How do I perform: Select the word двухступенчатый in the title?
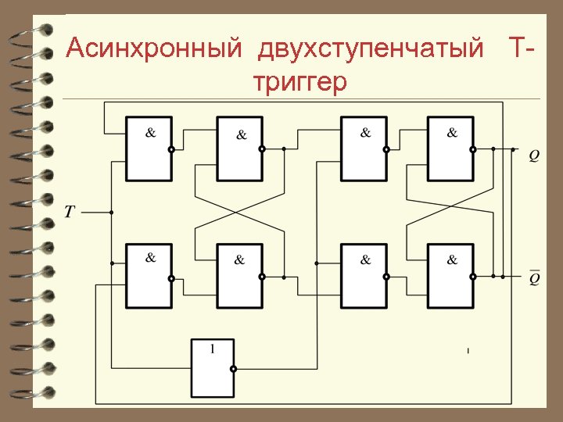point(371,49)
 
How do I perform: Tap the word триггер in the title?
point(299,82)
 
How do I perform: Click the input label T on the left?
point(70,212)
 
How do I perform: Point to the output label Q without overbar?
point(533,156)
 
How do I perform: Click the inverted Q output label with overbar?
point(534,278)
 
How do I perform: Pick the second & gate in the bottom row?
point(239,276)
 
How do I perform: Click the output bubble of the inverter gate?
point(232,370)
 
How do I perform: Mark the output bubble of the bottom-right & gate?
point(472,276)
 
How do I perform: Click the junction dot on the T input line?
point(112,212)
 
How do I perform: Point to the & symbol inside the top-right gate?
point(452,133)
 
